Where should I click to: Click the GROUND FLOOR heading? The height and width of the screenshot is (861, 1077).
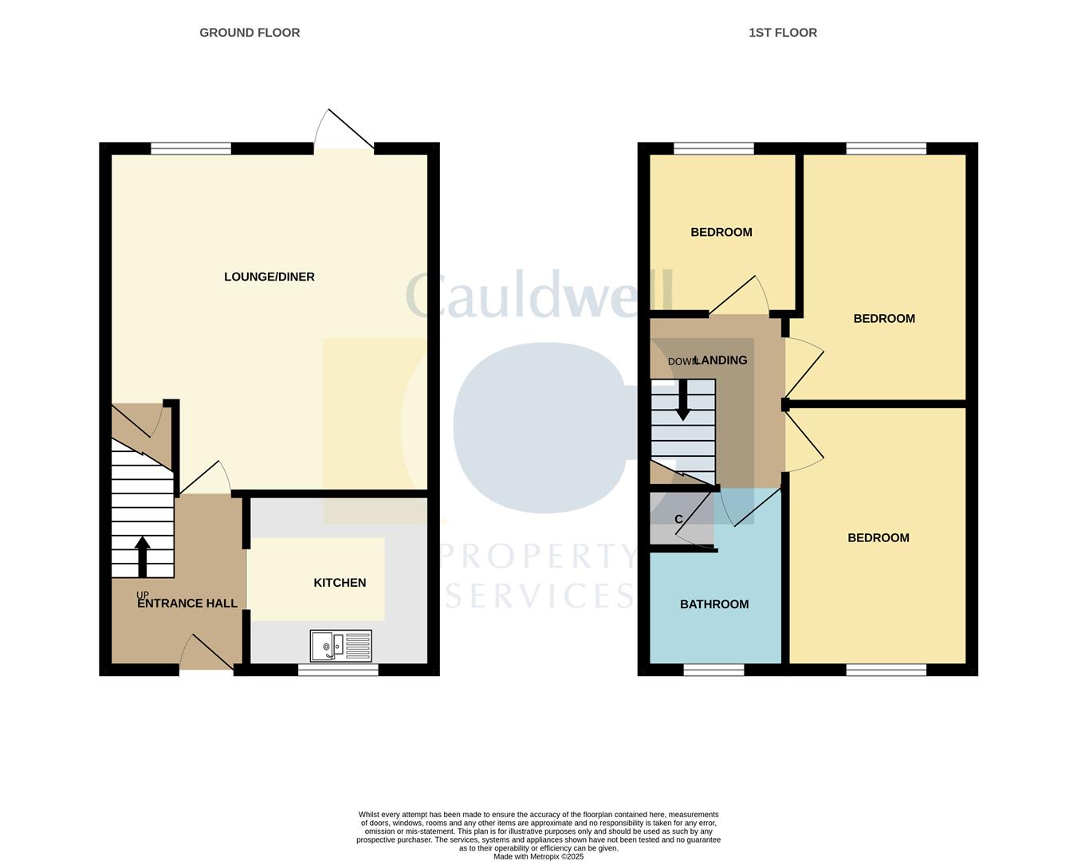pyautogui.click(x=250, y=33)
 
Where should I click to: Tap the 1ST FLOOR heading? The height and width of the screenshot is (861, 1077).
pyautogui.click(x=783, y=33)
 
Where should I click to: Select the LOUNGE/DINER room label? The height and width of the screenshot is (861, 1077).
pyautogui.click(x=269, y=277)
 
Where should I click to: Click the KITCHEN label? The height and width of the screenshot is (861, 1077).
pyautogui.click(x=340, y=583)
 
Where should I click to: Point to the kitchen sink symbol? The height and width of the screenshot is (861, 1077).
pyautogui.click(x=341, y=645)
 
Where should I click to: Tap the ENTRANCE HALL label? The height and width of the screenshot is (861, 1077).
pyautogui.click(x=187, y=603)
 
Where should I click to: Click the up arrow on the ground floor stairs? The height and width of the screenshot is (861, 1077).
pyautogui.click(x=143, y=556)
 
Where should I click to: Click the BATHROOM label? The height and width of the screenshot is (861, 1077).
pyautogui.click(x=714, y=604)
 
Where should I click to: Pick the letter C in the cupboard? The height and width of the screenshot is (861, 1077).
pyautogui.click(x=678, y=519)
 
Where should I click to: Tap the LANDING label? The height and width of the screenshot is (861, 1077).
pyautogui.click(x=721, y=360)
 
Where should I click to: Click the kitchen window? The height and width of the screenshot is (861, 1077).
pyautogui.click(x=338, y=670)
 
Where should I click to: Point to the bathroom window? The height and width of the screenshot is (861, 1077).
pyautogui.click(x=714, y=670)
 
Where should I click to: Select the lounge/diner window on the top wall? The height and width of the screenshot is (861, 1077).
pyautogui.click(x=191, y=148)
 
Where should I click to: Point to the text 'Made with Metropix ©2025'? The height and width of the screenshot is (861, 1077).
pyautogui.click(x=539, y=856)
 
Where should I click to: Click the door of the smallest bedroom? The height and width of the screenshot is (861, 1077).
pyautogui.click(x=739, y=296)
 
